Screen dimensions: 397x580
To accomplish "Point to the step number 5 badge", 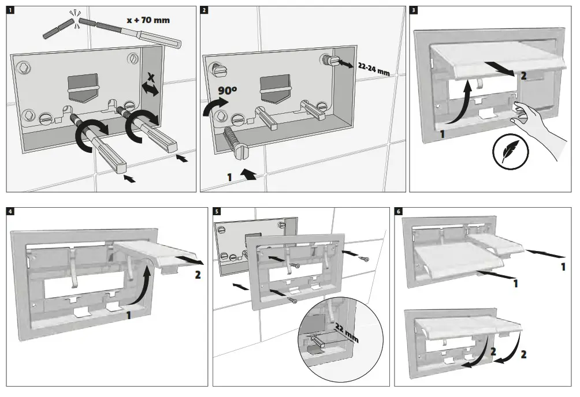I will (x=217, y=211).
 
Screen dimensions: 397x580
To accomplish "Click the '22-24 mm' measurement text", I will (x=374, y=70).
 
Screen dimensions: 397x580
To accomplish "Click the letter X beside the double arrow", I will (x=151, y=77).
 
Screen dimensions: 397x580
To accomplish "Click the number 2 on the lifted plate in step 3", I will (x=523, y=75).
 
